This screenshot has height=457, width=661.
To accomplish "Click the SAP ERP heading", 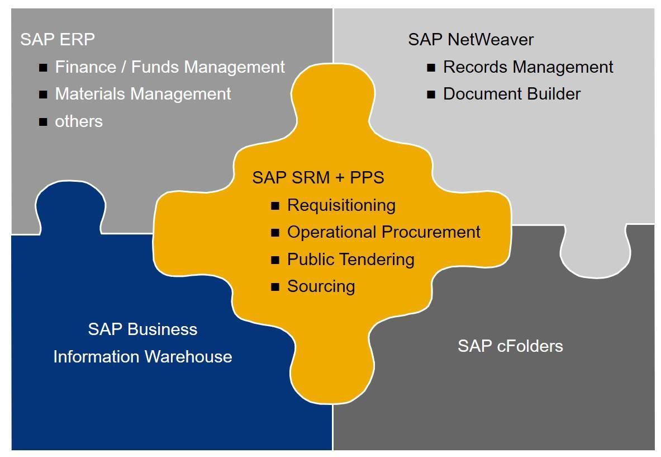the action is tap(58, 40).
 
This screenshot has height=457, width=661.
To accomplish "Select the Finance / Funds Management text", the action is tap(170, 67).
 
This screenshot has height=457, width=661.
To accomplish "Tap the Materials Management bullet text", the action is tap(143, 94).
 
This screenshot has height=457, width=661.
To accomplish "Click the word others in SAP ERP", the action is tap(79, 121).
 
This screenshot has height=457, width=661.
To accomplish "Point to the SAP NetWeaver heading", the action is tap(470, 40).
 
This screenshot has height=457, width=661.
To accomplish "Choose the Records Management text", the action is tap(528, 67).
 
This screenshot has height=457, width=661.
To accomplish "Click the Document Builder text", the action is tap(512, 94).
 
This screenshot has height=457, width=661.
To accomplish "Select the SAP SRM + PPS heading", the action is tap(318, 178).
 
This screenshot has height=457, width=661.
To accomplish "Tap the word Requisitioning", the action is tap(341, 205).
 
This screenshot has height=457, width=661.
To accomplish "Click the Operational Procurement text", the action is tap(384, 232).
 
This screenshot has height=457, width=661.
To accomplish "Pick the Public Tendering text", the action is tap(351, 260).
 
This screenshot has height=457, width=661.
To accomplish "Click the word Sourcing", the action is tap(321, 286).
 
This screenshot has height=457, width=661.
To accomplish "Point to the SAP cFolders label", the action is tap(510, 346).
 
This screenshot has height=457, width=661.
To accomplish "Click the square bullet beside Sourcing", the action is tap(275, 288).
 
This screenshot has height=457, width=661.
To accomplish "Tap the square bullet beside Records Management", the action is tap(431, 68).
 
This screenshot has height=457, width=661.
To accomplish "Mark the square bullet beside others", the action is tap(43, 122).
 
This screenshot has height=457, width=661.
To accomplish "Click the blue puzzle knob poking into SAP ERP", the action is tap(70, 207).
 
